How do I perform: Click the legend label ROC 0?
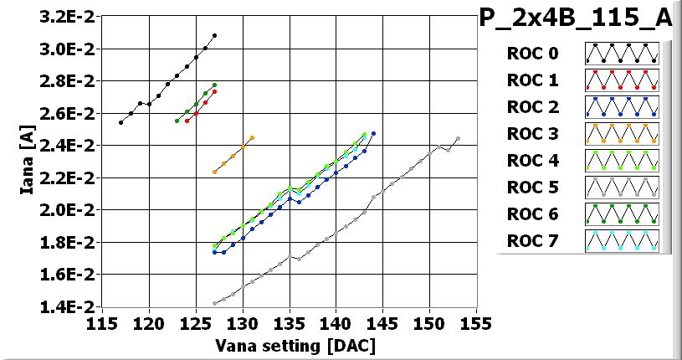point(532,54)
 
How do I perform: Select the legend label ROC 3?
point(532,134)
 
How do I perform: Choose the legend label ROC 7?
point(532,241)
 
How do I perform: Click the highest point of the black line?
point(215,36)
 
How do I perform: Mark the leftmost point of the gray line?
point(215,303)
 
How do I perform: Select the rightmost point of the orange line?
point(252,137)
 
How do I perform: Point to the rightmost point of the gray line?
point(458,139)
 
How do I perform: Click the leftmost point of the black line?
point(121,122)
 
